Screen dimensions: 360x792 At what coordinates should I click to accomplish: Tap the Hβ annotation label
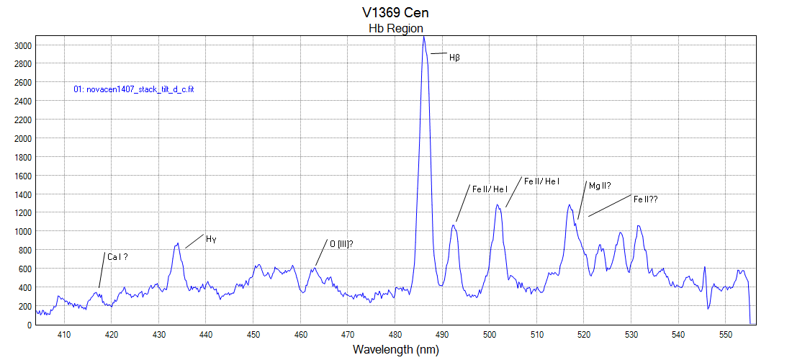454,58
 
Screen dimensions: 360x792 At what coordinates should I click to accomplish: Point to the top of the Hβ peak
424,37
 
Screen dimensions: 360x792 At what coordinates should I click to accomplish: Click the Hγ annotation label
211,239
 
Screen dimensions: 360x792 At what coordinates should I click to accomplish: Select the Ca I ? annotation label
117,256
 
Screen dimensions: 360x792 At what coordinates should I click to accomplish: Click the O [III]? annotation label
341,243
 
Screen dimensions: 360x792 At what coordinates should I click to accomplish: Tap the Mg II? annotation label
600,186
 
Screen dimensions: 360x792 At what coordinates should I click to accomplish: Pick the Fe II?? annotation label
646,199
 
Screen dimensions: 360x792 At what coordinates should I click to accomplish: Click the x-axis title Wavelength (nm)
395,350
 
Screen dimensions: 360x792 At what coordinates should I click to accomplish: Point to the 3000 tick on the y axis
23,45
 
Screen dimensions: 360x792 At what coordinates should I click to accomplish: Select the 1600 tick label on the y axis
23,176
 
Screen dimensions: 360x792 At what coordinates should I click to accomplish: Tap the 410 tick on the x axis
64,334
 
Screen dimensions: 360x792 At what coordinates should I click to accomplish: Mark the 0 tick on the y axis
29,325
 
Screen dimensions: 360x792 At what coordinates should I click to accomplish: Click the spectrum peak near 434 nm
177,244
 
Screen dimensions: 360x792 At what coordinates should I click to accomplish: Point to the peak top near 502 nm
498,205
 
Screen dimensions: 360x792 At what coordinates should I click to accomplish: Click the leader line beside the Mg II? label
582,200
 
